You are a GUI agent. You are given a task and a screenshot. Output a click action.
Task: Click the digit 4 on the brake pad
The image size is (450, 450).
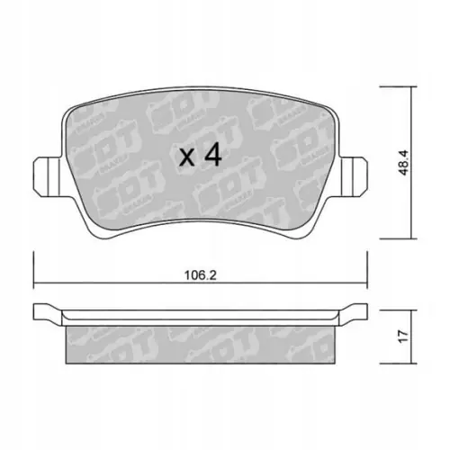pyautogui.click(x=211, y=155)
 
